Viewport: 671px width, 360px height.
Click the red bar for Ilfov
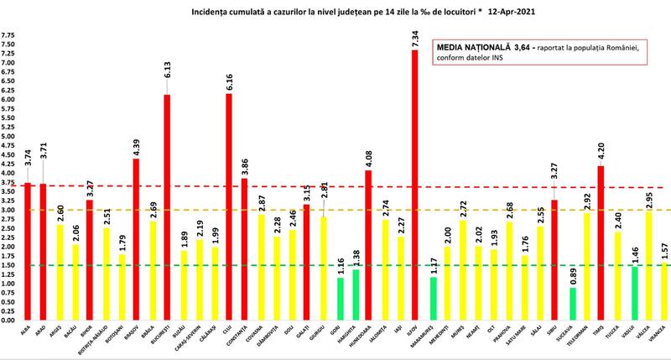(414, 185)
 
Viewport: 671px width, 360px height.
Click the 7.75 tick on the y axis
(8, 35)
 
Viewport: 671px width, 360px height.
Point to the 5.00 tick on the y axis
(8, 136)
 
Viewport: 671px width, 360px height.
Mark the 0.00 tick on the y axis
(8, 320)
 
